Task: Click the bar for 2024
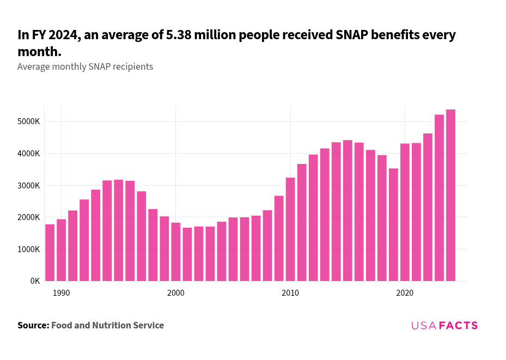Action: tap(450, 196)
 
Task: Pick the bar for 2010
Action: tap(290, 230)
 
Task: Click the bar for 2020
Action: tap(405, 212)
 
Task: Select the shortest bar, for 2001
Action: tap(187, 254)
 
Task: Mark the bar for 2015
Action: tap(348, 211)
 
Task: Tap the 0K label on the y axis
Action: tap(34, 281)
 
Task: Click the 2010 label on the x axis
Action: tap(290, 293)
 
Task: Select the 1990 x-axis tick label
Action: tap(61, 293)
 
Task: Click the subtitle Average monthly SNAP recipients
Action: tap(85, 67)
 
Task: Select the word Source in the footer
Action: tap(33, 325)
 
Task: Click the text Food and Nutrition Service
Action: tap(107, 325)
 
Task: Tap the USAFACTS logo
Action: tap(444, 325)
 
